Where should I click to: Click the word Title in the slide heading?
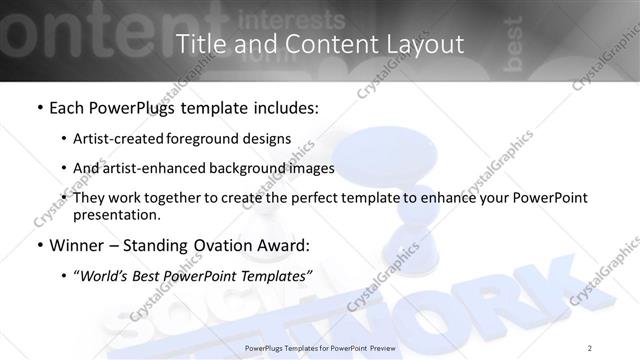click(197, 44)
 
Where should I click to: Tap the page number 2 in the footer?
click(590, 347)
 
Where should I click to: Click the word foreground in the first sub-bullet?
click(208, 138)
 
